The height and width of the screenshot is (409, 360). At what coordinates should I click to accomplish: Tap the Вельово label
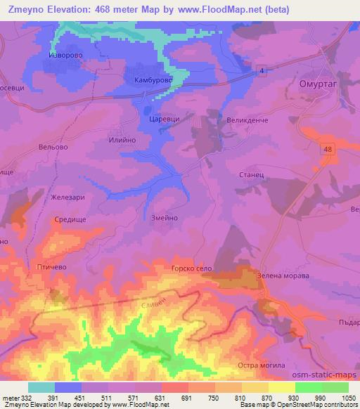tap(53, 148)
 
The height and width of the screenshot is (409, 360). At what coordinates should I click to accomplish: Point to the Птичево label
tap(51, 267)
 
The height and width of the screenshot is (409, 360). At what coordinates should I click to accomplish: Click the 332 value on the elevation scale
tap(27, 397)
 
